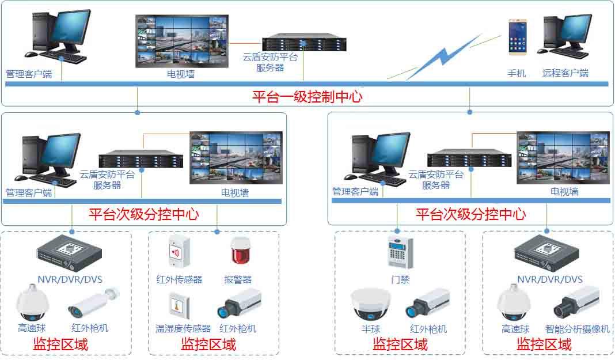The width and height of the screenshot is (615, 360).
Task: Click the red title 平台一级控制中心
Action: [307, 97]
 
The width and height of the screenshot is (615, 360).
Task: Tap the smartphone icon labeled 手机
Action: [517, 37]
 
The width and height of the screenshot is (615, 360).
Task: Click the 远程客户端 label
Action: [565, 73]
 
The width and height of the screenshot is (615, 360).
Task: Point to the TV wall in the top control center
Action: [181, 41]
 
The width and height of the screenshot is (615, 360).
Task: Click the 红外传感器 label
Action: [179, 279]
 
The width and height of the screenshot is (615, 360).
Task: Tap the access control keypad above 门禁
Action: [400, 252]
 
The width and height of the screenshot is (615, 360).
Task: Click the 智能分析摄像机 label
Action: [577, 329]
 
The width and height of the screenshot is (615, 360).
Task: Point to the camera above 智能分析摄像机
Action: [576, 303]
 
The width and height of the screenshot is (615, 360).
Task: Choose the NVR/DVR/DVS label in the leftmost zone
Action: [70, 280]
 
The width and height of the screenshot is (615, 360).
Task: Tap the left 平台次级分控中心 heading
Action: [143, 215]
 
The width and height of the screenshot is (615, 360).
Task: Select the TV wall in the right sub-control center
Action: [563, 158]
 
